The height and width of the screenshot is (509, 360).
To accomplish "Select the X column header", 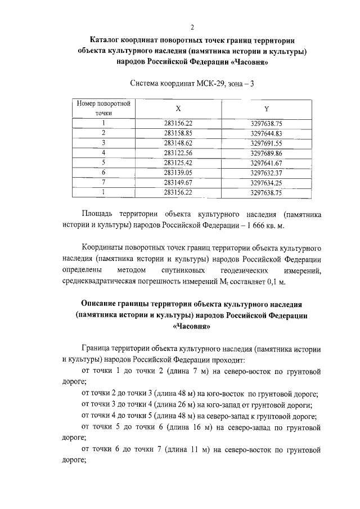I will (178, 109).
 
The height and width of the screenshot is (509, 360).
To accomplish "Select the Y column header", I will (266, 109).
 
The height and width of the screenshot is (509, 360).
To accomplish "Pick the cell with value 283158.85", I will (178, 133).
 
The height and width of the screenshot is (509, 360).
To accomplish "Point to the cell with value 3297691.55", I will (266, 143).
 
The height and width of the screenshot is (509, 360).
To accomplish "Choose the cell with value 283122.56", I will (178, 153).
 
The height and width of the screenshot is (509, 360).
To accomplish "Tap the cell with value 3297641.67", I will (266, 163).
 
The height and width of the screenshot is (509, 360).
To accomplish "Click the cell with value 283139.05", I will (178, 173).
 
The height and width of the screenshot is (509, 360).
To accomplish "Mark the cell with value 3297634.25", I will (266, 183).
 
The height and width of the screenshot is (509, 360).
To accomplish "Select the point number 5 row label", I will (104, 163).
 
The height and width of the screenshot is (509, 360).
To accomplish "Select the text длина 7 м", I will (173, 371).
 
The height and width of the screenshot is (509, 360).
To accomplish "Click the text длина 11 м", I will (175, 449).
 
